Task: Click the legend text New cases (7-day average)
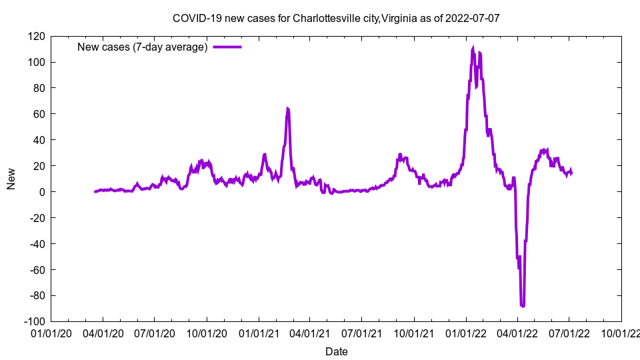(x=142, y=47)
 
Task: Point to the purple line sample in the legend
(x=227, y=47)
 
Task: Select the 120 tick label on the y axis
(x=37, y=36)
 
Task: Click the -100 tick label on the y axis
(x=35, y=321)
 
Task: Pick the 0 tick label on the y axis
(x=43, y=192)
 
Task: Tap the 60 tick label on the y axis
(x=40, y=114)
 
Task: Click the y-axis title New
(x=11, y=179)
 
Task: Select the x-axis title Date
(x=336, y=351)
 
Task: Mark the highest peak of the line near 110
(x=473, y=48)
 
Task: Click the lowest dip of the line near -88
(x=523, y=306)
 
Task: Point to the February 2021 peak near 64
(x=287, y=108)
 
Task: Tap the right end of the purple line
(x=571, y=173)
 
